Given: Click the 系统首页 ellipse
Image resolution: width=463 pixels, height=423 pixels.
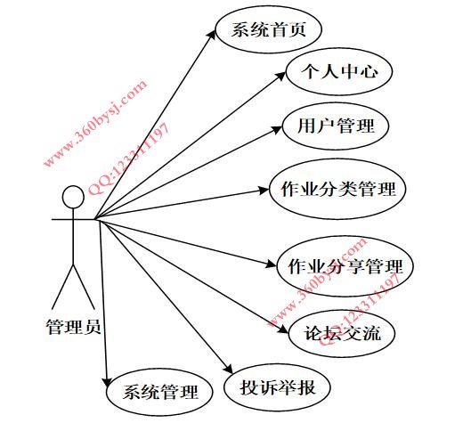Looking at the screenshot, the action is pyautogui.click(x=269, y=29).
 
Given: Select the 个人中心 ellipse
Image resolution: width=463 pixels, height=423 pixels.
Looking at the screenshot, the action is pyautogui.click(x=339, y=71).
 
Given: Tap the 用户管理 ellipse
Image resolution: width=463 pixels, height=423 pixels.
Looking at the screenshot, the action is pyautogui.click(x=336, y=126).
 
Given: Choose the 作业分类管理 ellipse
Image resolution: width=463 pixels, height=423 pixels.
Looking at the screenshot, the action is pyautogui.click(x=337, y=189).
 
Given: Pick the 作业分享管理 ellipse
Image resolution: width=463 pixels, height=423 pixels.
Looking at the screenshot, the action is pyautogui.click(x=345, y=266).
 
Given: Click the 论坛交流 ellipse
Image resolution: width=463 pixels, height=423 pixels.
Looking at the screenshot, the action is pyautogui.click(x=342, y=333).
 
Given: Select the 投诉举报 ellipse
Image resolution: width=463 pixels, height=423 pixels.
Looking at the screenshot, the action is pyautogui.click(x=277, y=387).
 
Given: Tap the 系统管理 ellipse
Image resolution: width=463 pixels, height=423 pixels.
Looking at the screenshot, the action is pyautogui.click(x=159, y=392).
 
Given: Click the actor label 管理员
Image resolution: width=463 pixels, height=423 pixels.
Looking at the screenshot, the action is pyautogui.click(x=73, y=327).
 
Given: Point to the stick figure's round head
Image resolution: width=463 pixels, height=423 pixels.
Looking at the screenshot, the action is pyautogui.click(x=73, y=197).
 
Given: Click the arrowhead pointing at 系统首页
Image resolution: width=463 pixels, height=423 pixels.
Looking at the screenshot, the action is pyautogui.click(x=212, y=34).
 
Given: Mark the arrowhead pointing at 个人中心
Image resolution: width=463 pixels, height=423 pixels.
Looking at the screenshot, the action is pyautogui.click(x=281, y=75).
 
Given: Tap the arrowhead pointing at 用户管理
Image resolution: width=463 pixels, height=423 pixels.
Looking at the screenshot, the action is pyautogui.click(x=277, y=129).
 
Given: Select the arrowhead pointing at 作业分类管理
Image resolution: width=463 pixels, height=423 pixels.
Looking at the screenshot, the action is pyautogui.click(x=264, y=191).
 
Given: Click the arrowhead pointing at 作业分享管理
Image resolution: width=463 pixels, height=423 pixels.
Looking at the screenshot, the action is pyautogui.click(x=272, y=264).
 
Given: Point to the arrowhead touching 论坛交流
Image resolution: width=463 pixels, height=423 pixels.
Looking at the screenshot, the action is pyautogui.click(x=283, y=329).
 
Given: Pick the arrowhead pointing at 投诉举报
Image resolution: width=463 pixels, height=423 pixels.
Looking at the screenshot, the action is pyautogui.click(x=229, y=369).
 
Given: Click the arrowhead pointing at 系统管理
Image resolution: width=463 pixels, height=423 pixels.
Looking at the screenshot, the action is pyautogui.click(x=106, y=382).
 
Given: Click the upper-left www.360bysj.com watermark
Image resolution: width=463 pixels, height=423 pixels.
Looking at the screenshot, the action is pyautogui.click(x=95, y=123).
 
